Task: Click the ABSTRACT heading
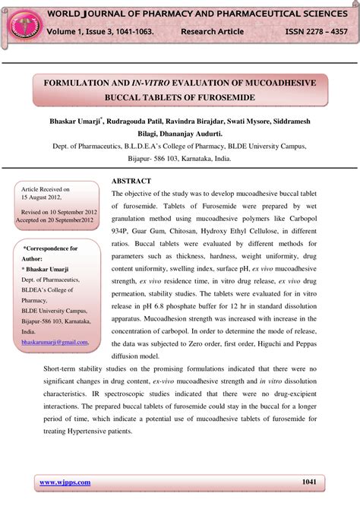click(x=131, y=181)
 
